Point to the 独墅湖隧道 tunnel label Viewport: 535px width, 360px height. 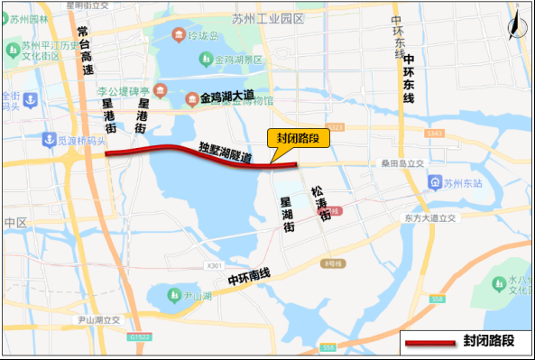click(226, 152)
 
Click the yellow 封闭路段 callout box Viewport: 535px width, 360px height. click(299, 138)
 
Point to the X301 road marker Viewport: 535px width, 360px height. click(214, 265)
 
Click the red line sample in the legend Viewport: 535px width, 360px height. click(431, 343)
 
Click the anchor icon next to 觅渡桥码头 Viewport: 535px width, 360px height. click(48, 139)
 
